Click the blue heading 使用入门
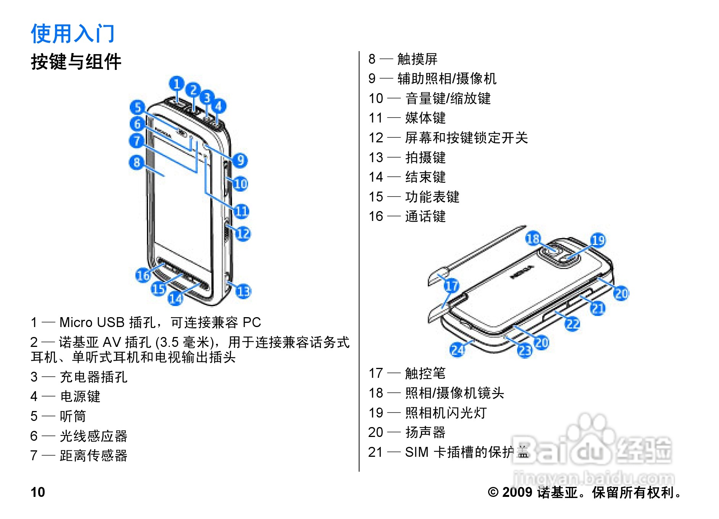coord(73,33)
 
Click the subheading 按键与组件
coord(76,62)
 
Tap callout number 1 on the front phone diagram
coord(177,84)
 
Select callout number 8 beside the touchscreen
coord(136,163)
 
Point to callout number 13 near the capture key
coord(243,292)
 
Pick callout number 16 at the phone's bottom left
coord(143,275)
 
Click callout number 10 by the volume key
coord(241,184)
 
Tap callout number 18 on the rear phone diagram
coord(533,239)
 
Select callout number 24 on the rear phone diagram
coord(458,350)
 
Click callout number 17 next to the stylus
coord(451,285)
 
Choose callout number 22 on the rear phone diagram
coord(572,324)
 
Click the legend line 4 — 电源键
coord(65,397)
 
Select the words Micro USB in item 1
coord(92,322)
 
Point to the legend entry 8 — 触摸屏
coord(403,59)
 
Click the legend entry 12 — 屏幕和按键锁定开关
coord(448,138)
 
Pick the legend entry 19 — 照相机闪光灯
coord(427,413)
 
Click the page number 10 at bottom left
coord(38,492)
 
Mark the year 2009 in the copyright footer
coord(517,492)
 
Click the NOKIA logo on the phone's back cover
coord(522,272)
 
